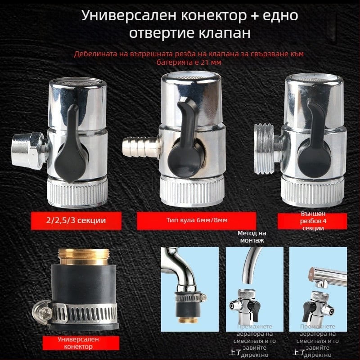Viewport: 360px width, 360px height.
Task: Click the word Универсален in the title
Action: pos(124,15)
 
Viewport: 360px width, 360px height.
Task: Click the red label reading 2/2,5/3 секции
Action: pos(71,220)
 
